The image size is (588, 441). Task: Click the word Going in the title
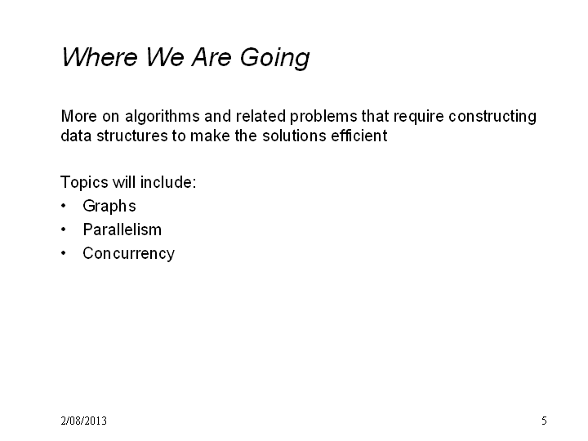pos(275,58)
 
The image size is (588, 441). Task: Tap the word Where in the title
pos(100,57)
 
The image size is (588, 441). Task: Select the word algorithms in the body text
pos(163,117)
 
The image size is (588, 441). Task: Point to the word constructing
pos(492,117)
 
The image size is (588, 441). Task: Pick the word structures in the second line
pos(132,136)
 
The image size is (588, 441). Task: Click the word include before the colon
pos(166,182)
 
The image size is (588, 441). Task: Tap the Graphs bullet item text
pos(109,207)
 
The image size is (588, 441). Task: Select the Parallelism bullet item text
pos(122,229)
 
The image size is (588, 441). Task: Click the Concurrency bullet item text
pos(129,254)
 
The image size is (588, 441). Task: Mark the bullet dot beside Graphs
pos(64,206)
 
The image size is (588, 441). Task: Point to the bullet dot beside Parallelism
pos(64,229)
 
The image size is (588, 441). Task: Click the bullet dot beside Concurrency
pos(64,253)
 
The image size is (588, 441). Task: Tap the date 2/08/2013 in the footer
pos(83,421)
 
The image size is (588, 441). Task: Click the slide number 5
pos(544,421)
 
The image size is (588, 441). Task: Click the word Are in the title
pos(212,57)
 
